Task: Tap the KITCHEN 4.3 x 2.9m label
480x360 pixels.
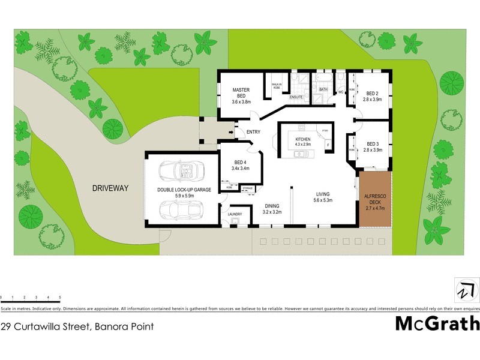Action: pos(299,142)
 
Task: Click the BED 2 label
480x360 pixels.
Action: pos(373,97)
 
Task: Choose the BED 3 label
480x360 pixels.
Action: pos(373,147)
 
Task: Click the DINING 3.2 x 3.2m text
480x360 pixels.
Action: pos(272,209)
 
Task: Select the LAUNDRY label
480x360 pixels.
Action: pos(234,214)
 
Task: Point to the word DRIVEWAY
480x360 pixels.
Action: pos(110,188)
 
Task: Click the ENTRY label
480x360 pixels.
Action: pos(246,132)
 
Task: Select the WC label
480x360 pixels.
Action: pos(340,92)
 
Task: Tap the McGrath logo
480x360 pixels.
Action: pos(437,323)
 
